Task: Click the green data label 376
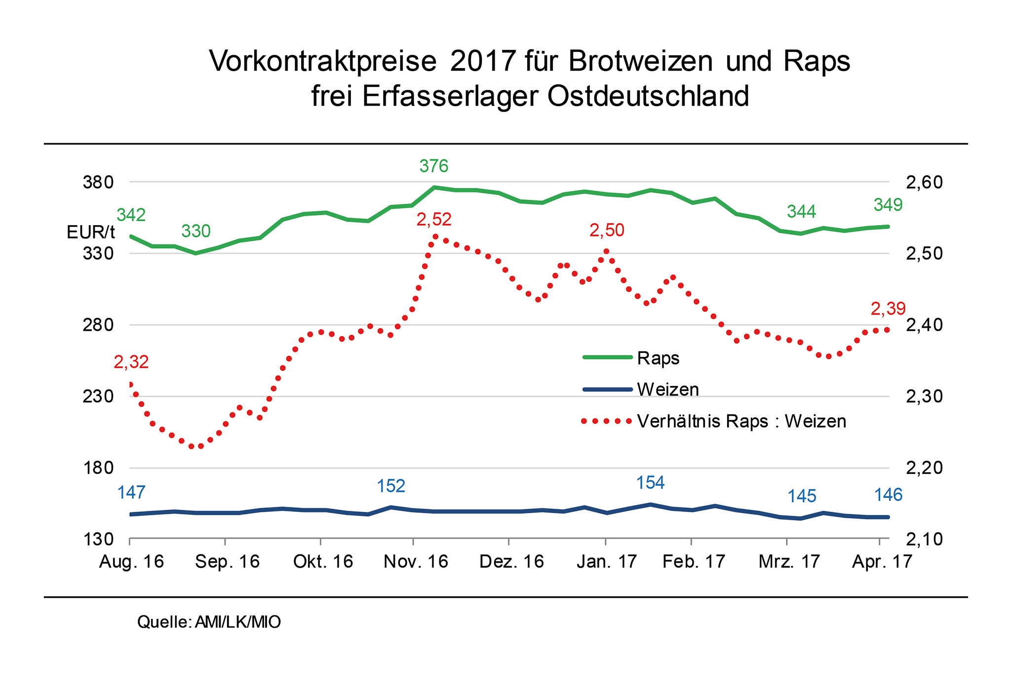point(433,166)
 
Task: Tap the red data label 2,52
point(433,220)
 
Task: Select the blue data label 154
point(650,483)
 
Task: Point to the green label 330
point(196,231)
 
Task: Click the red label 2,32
point(131,362)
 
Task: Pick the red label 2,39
point(888,309)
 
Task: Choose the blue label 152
point(391,487)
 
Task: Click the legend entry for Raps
point(658,358)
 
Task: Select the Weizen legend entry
point(667,389)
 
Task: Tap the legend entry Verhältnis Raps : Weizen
point(741,421)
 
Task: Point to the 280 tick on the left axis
point(98,325)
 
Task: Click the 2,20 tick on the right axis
point(924,467)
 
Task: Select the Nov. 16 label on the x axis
point(416,562)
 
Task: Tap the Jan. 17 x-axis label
point(606,562)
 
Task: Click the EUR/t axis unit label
point(91,232)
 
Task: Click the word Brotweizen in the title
point(640,61)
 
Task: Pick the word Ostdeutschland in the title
point(648,96)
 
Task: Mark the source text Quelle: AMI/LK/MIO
point(209,622)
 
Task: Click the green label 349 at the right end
point(888,205)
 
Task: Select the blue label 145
point(802,496)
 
